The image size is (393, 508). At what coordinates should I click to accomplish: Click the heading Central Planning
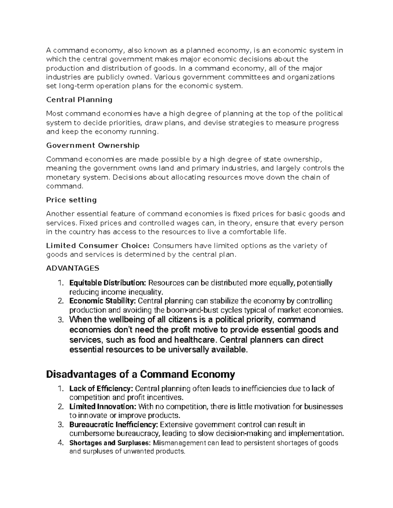pyautogui.click(x=79, y=100)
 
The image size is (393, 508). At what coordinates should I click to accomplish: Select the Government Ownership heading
pyautogui.click(x=93, y=145)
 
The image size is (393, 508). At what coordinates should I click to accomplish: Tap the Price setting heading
pyautogui.click(x=71, y=200)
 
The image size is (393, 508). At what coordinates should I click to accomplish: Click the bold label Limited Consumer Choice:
pyautogui.click(x=98, y=246)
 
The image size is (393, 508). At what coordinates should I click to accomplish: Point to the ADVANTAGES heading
pyautogui.click(x=72, y=269)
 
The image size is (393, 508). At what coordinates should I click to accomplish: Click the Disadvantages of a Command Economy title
pyautogui.click(x=140, y=374)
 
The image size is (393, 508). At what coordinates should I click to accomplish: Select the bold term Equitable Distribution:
pyautogui.click(x=108, y=283)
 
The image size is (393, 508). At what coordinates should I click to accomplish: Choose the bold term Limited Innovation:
pyautogui.click(x=103, y=407)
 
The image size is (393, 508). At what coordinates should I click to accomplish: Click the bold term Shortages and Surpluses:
pyautogui.click(x=110, y=443)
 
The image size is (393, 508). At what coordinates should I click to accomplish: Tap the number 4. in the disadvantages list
pyautogui.click(x=60, y=443)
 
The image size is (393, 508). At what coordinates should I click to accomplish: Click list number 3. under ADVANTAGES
pyautogui.click(x=60, y=320)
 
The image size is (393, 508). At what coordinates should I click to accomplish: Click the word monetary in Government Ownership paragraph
pyautogui.click(x=62, y=177)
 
